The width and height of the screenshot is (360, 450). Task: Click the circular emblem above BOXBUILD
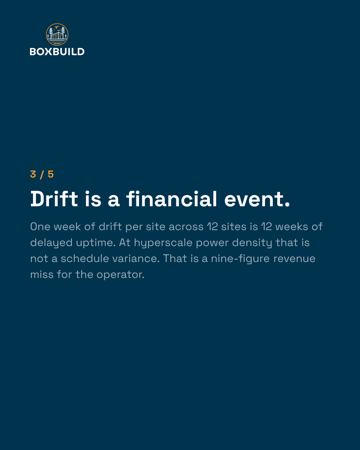[x=57, y=35]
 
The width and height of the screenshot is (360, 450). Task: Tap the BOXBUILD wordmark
[x=57, y=52]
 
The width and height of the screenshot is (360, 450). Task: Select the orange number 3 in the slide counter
[x=33, y=174]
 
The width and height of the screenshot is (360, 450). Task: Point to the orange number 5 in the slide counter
[x=51, y=174]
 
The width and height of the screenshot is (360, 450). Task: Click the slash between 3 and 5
[x=42, y=175]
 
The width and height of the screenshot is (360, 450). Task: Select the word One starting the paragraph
[x=40, y=227]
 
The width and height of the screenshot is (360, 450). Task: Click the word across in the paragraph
[x=186, y=227]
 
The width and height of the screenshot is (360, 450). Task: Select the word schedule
[x=85, y=259]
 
